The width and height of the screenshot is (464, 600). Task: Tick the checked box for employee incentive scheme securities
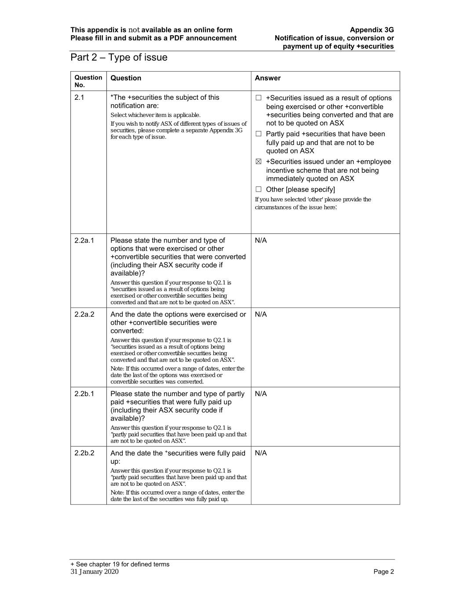(x=259, y=162)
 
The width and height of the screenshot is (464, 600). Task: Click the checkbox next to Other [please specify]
(x=259, y=189)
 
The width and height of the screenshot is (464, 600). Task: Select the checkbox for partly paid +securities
(x=259, y=134)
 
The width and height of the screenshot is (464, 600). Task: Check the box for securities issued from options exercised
(x=259, y=98)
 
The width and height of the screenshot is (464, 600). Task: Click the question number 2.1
(x=79, y=98)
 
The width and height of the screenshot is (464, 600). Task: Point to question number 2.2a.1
(x=84, y=240)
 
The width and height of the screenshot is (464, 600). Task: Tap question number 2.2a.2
(x=84, y=314)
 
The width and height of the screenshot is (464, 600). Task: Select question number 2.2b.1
(x=84, y=394)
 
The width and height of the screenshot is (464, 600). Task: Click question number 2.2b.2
(x=84, y=453)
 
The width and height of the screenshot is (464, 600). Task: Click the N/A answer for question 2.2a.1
(x=261, y=240)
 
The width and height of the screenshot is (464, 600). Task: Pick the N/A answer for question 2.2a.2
(x=261, y=314)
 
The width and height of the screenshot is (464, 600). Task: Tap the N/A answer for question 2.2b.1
(x=261, y=394)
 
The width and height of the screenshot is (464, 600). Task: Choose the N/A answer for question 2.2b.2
(x=261, y=453)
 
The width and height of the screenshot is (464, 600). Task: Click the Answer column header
(x=267, y=78)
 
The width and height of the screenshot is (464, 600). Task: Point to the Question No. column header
(x=88, y=81)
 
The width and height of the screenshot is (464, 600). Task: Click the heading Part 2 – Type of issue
(x=119, y=58)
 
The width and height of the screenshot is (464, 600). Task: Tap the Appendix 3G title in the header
(x=372, y=30)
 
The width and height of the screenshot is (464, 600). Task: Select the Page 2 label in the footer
(x=384, y=571)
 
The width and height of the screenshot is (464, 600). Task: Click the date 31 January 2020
(x=95, y=571)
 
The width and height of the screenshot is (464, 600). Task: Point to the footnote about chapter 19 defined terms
(x=120, y=564)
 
